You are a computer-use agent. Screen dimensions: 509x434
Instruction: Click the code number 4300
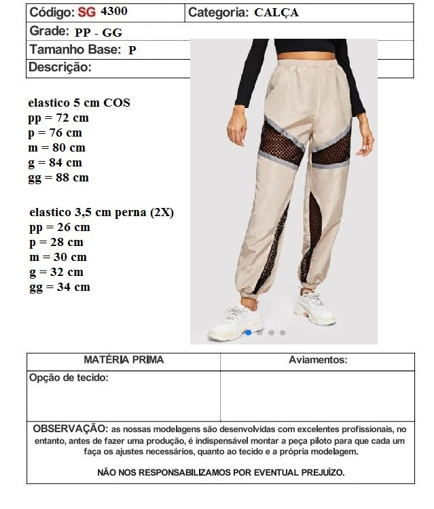point(113,12)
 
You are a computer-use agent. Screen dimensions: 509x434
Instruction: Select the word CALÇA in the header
point(276,12)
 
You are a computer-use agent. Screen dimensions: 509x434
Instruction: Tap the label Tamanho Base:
point(75,50)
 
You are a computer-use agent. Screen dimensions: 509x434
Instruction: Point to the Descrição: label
point(60,67)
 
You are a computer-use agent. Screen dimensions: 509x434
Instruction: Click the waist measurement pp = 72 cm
point(58,118)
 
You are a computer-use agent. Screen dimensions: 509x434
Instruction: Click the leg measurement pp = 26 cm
point(60,227)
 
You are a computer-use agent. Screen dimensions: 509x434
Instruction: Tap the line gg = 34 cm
point(60,287)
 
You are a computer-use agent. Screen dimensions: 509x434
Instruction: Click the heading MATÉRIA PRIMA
point(124,360)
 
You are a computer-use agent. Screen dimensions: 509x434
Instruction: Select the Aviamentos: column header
point(318,360)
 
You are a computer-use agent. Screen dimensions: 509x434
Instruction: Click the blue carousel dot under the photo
point(249,332)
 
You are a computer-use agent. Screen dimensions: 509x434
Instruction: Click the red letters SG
point(87,12)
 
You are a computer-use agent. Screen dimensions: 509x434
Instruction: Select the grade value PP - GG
point(98,32)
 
